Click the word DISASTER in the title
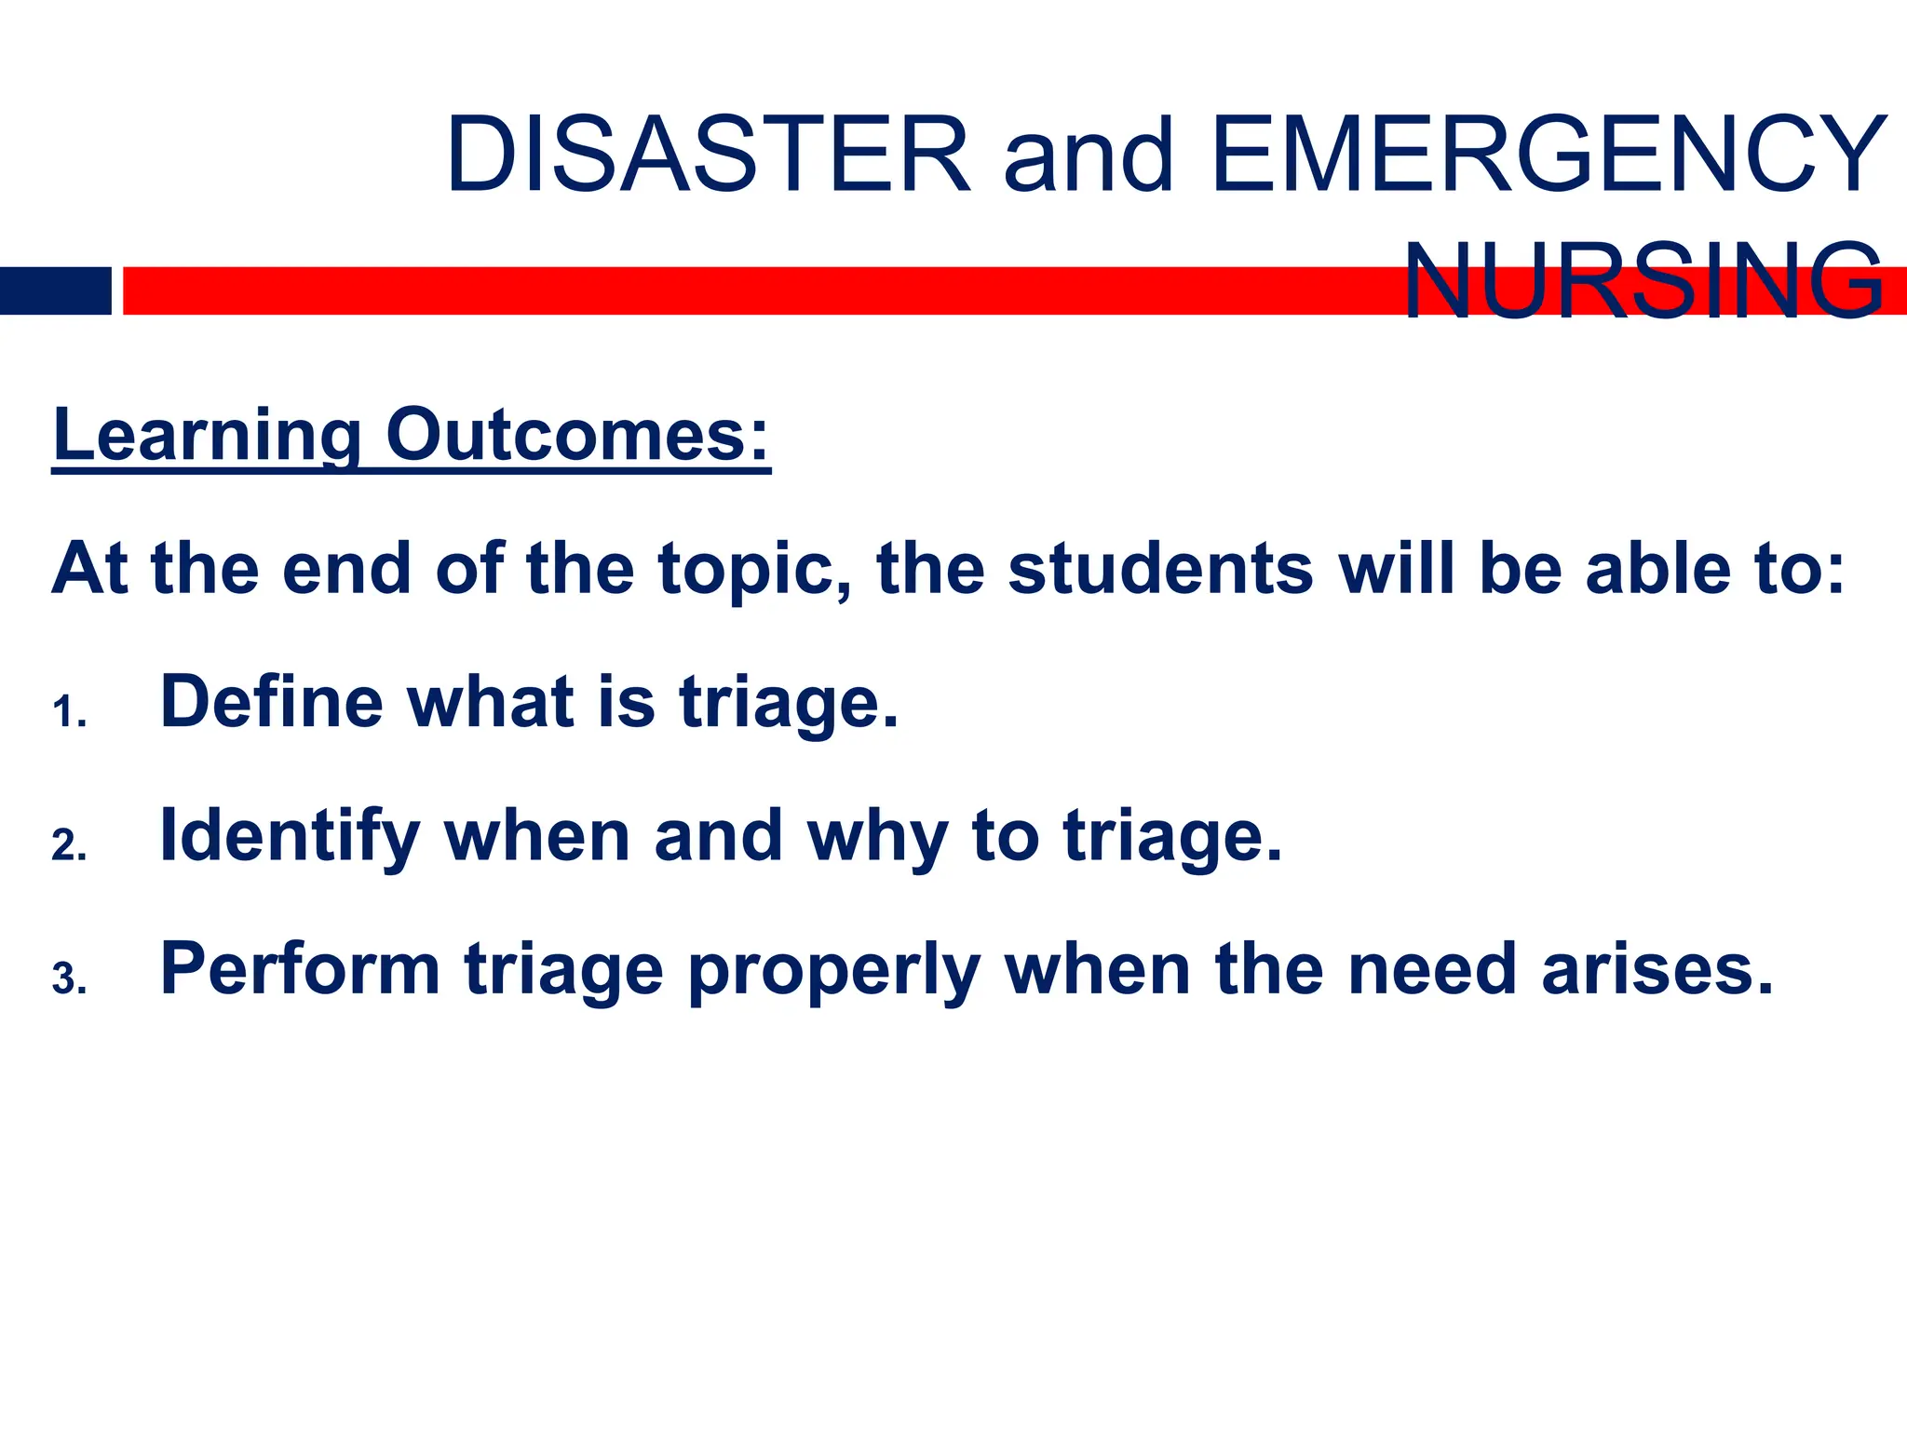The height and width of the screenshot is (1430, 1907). pyautogui.click(x=709, y=155)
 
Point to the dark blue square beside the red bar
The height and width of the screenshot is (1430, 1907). pyautogui.click(x=55, y=290)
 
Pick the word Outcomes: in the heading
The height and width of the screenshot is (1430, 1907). pyautogui.click(x=578, y=435)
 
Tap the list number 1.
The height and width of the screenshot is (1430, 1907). pyautogui.click(x=68, y=715)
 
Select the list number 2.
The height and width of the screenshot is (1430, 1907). pyautogui.click(x=68, y=847)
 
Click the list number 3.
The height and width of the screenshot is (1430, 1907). pyautogui.click(x=68, y=980)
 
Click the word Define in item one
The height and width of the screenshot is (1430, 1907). pyautogui.click(x=271, y=702)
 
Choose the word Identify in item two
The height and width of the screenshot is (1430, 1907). pyautogui.click(x=290, y=837)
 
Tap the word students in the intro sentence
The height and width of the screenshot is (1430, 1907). pyautogui.click(x=1160, y=569)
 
